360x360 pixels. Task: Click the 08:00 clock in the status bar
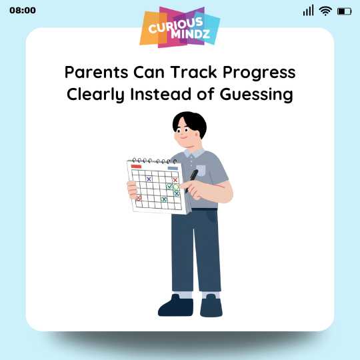[x=23, y=11]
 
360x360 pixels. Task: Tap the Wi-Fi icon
[x=325, y=11]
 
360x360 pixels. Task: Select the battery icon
[x=344, y=11]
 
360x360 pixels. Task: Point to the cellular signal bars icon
[x=308, y=11]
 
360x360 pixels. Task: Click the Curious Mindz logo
[x=180, y=28]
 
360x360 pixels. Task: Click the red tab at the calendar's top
[x=137, y=166]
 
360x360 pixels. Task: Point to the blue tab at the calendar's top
[x=173, y=168]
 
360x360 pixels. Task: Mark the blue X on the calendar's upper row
[x=149, y=179]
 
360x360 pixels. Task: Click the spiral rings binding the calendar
[x=153, y=161]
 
